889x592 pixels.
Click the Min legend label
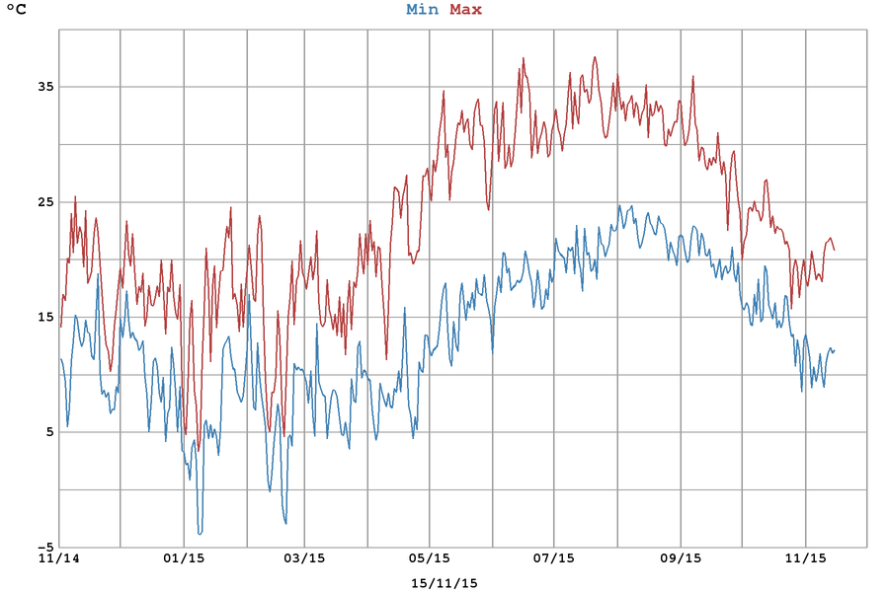click(x=422, y=10)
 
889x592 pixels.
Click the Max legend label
click(x=465, y=10)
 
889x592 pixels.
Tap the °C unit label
click(x=17, y=11)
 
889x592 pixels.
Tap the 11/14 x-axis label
click(x=58, y=558)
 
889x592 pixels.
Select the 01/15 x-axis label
click(x=184, y=558)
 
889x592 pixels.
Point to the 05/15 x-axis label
click(x=430, y=558)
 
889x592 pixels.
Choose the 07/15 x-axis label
click(x=554, y=558)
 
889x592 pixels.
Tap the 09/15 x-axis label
click(x=681, y=558)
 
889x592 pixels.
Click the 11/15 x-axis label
click(x=806, y=558)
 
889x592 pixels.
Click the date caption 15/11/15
click(x=444, y=582)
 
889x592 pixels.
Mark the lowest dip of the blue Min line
click(x=200, y=534)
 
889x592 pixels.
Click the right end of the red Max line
click(x=835, y=250)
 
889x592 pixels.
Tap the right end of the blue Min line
click(x=835, y=349)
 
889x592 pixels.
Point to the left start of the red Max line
click(x=60, y=327)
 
